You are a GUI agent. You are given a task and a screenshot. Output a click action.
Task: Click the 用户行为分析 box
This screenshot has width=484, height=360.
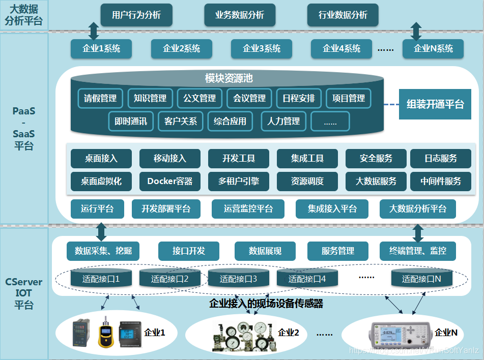[x=136, y=15]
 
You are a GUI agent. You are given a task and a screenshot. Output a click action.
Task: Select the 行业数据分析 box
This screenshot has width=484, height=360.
[x=343, y=15]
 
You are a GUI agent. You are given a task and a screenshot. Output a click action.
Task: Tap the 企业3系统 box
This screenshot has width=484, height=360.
[x=262, y=49]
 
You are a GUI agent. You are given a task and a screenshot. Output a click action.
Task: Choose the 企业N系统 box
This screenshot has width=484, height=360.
[x=433, y=49]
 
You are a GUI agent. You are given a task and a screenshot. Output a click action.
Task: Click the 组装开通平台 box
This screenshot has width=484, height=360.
[x=435, y=105]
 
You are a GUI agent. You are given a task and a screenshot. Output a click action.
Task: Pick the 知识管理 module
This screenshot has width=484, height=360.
[x=150, y=98]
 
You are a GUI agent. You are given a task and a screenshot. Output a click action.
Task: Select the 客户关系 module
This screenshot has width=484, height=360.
[x=181, y=122]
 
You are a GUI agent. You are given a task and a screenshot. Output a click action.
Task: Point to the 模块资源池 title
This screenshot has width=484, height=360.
[x=229, y=78]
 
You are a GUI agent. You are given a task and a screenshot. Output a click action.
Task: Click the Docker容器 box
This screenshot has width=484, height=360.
[x=169, y=181]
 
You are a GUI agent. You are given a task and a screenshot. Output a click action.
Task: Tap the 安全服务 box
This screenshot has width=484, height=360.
[x=376, y=159]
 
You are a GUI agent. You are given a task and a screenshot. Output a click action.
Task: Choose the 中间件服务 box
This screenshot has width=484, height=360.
[x=441, y=181]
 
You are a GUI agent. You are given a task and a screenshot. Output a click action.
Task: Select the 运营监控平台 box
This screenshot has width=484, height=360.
[x=248, y=208]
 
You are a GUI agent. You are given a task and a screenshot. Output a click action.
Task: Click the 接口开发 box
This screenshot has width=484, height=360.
[x=188, y=251]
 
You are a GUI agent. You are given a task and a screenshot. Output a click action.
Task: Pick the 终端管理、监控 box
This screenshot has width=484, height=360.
[x=418, y=251]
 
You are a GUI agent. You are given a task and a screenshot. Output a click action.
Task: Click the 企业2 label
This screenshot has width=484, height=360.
[x=289, y=333]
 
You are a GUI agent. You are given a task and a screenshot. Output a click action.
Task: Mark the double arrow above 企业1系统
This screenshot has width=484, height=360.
[x=94, y=31]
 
